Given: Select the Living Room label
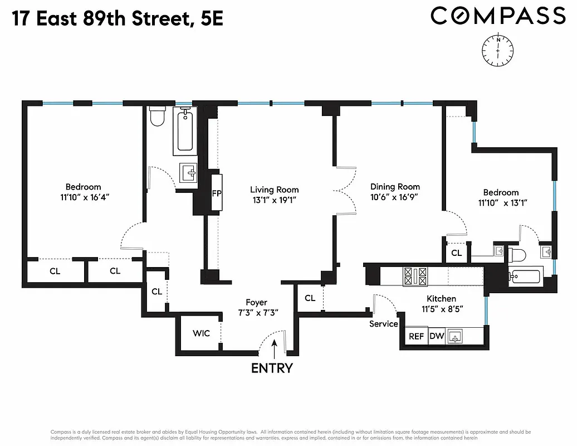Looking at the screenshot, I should [274, 190].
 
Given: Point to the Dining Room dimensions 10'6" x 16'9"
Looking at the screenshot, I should [394, 197].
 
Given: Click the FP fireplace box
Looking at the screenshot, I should [217, 193].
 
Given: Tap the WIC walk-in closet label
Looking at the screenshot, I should [201, 333].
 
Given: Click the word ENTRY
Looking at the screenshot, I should [272, 368].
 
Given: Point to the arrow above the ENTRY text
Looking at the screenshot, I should [273, 350].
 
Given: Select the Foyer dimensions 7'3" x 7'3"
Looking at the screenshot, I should [257, 313].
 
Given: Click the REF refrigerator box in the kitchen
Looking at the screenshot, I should [416, 336].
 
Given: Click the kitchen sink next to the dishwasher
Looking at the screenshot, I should [456, 336].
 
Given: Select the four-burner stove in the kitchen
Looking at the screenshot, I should [417, 275].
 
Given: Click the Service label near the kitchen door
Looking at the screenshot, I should [383, 323].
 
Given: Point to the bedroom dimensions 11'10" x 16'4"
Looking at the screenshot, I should [83, 197].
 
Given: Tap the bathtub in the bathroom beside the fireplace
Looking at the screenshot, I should [185, 132].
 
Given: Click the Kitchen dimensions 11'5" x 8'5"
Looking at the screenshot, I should [441, 308].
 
